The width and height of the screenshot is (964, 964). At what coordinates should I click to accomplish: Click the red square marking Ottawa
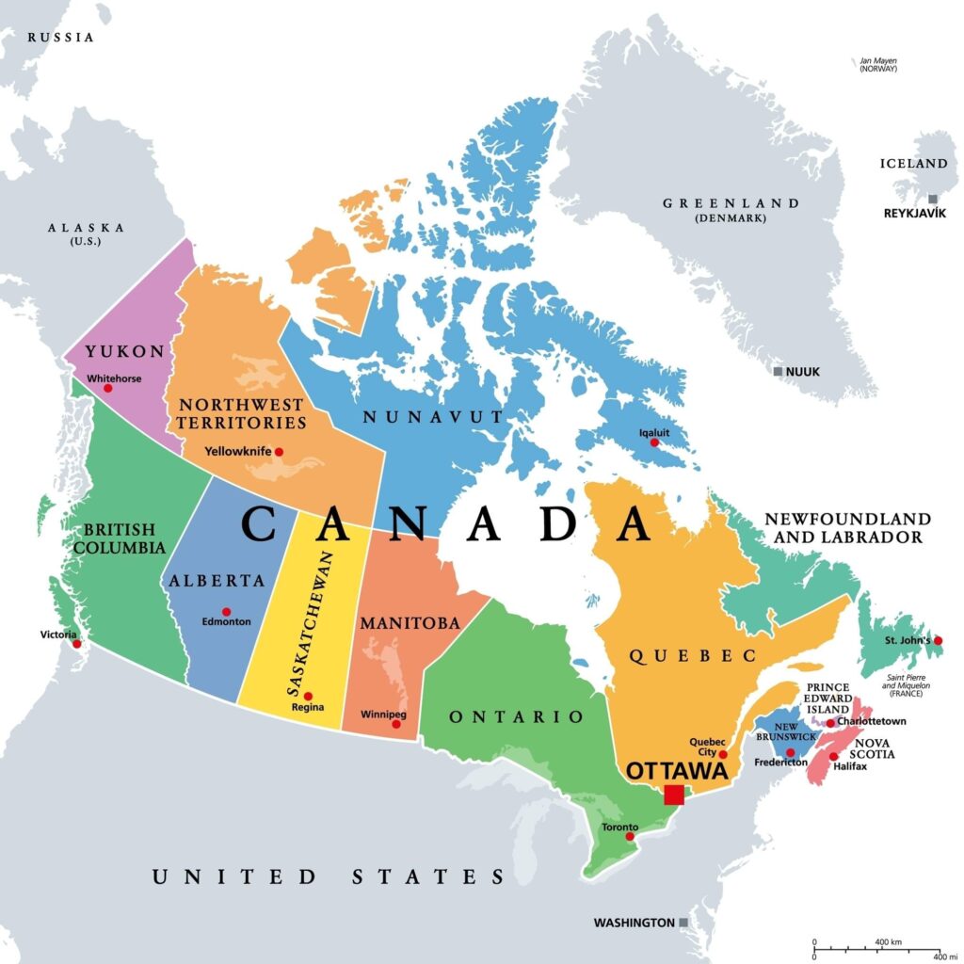[x=673, y=795]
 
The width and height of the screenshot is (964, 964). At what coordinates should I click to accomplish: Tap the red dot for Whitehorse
[x=107, y=388]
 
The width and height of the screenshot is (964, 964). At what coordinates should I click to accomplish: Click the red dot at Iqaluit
[x=654, y=442]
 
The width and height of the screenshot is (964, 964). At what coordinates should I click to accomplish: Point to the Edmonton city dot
[x=226, y=611]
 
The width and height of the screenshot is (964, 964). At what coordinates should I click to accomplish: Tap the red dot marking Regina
[x=308, y=696]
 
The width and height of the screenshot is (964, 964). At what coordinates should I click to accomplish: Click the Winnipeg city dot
[x=395, y=724]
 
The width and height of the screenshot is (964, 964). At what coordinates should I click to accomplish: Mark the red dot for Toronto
[x=631, y=836]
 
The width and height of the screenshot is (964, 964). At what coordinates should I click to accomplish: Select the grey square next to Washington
[x=683, y=923]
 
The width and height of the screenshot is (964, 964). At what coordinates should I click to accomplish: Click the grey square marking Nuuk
[x=778, y=372]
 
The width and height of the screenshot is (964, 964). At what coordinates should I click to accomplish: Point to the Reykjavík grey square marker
[x=932, y=199]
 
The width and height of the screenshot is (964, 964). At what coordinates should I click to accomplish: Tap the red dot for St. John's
[x=938, y=640]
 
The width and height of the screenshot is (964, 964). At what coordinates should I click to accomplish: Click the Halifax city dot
[x=832, y=756]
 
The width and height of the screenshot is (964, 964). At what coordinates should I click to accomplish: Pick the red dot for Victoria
[x=77, y=644]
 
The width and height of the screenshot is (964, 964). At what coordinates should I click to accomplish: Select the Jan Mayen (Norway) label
[x=877, y=65]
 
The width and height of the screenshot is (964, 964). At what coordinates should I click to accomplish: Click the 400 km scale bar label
[x=888, y=943]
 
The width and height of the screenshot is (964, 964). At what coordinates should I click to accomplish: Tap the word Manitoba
[x=409, y=623]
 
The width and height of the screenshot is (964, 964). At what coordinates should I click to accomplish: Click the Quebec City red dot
[x=723, y=755]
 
